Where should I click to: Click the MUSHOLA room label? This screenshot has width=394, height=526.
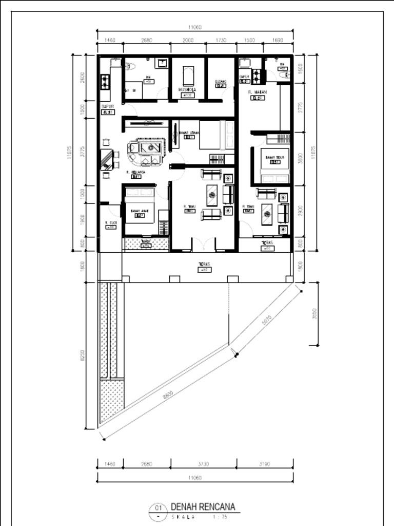[187, 89]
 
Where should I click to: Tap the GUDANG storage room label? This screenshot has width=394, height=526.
[221, 81]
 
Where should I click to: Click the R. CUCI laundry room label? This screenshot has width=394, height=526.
[111, 222]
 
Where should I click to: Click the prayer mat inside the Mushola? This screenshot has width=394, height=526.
[188, 76]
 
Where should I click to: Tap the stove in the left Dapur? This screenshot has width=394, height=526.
[105, 82]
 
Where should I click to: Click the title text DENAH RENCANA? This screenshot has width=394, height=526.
[203, 507]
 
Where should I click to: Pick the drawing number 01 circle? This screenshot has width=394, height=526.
[157, 509]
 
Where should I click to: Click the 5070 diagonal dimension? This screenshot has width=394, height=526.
[267, 320]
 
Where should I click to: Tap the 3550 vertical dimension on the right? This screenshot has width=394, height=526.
[314, 313]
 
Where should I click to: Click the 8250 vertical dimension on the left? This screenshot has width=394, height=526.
[83, 355]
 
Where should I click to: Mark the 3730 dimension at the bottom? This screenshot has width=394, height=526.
[204, 464]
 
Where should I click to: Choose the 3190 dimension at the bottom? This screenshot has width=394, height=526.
[265, 464]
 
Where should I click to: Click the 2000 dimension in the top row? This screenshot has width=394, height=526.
[188, 40]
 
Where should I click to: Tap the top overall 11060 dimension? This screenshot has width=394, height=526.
[194, 27]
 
